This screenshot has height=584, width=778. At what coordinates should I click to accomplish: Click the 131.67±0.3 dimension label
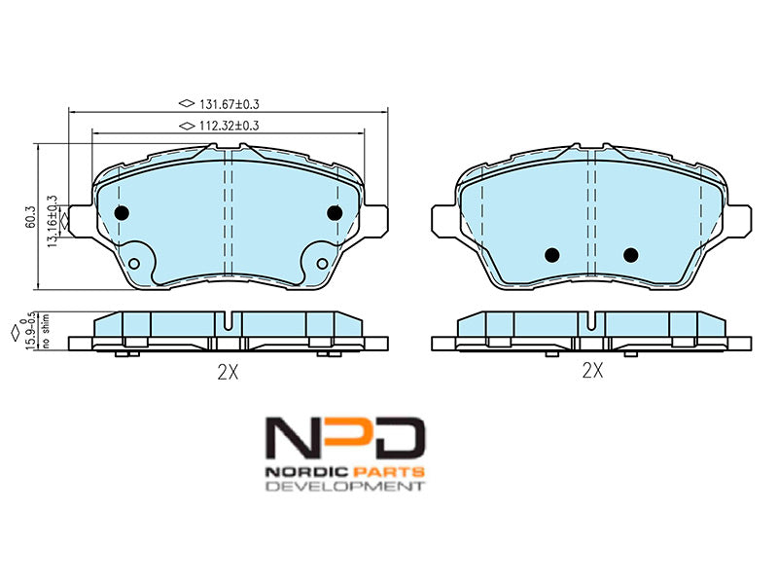230,104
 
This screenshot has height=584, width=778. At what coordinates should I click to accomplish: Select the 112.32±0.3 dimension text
230,126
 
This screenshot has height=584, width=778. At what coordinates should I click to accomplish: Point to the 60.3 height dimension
31,217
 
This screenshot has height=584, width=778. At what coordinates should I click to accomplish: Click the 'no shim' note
46,330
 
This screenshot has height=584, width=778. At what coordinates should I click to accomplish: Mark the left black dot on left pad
122,213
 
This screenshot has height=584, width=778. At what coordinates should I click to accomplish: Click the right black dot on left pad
335,213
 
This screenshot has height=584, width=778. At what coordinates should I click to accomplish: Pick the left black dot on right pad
551,255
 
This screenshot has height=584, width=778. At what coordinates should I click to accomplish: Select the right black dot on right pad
630,255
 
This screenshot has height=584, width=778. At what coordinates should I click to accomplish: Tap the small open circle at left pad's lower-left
134,263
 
